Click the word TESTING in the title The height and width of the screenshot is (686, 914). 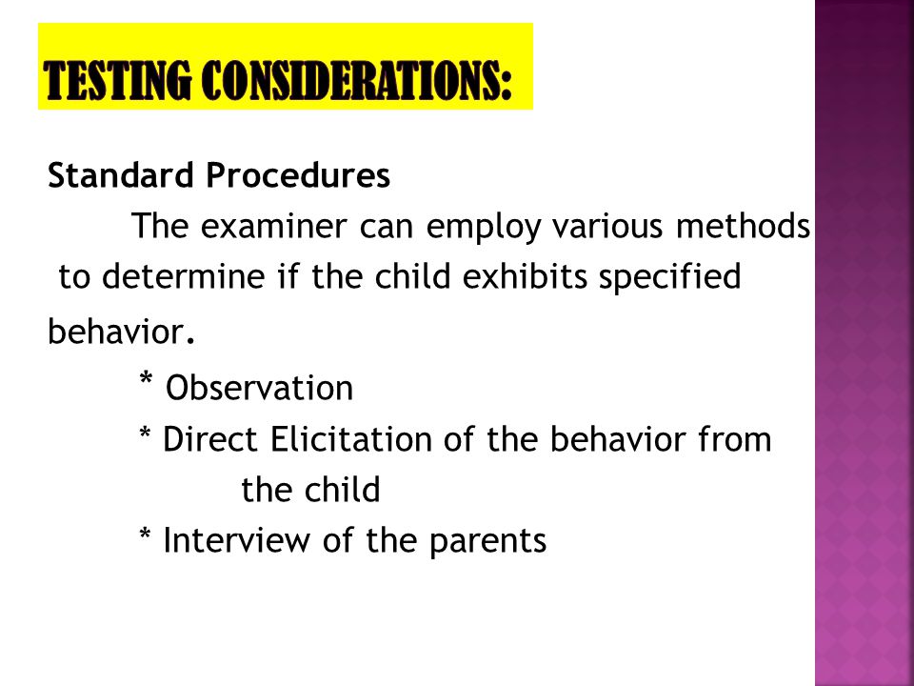(x=117, y=80)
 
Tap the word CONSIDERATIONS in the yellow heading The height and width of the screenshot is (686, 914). (x=359, y=80)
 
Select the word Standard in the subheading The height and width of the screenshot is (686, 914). (x=121, y=175)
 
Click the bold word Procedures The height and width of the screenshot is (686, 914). (x=298, y=175)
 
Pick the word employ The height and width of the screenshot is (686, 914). (x=484, y=228)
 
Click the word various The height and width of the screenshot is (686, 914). (x=607, y=226)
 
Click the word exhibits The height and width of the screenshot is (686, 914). (x=525, y=276)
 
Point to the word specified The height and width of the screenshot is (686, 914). (x=669, y=277)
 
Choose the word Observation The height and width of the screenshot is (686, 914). (x=259, y=388)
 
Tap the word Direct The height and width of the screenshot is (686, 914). (x=209, y=439)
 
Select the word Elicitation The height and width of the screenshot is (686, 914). (x=350, y=439)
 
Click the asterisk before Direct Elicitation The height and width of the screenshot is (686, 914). (x=145, y=434)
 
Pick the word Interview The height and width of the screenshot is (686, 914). (x=236, y=540)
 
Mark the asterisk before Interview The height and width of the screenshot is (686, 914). (x=145, y=534)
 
